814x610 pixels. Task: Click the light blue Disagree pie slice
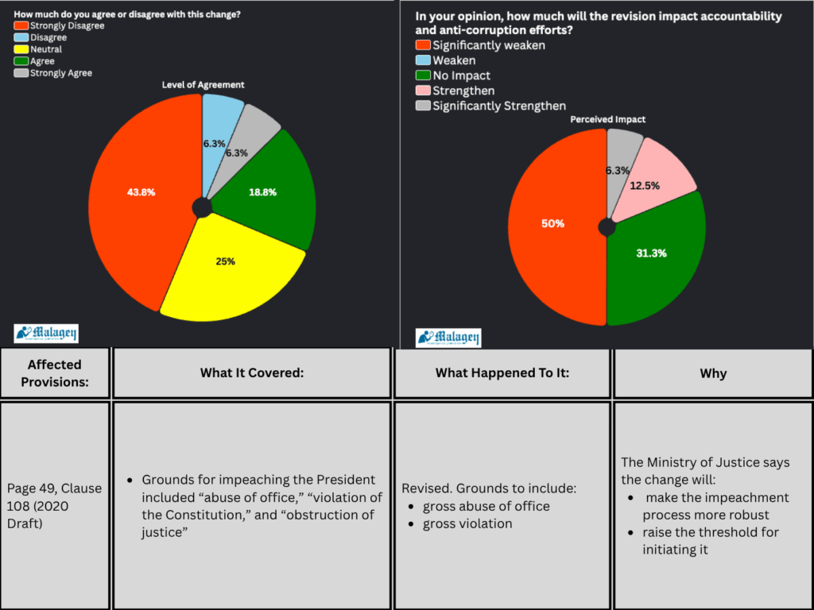click(220, 127)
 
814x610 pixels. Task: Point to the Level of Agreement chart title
click(203, 84)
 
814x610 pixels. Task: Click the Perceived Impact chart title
click(607, 119)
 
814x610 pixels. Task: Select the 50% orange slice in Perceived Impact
click(553, 224)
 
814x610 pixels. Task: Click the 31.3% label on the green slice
click(651, 253)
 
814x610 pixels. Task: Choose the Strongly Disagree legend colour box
click(21, 26)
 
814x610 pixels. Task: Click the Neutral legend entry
click(45, 49)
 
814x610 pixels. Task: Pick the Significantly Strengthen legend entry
click(498, 106)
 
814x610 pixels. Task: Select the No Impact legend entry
click(461, 75)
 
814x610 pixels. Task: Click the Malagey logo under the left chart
click(46, 334)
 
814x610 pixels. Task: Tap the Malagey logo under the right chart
click(448, 338)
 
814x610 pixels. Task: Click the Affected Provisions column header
click(55, 373)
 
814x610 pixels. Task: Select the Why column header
click(713, 373)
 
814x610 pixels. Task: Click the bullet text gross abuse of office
click(486, 506)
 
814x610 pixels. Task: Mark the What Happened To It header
click(502, 373)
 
